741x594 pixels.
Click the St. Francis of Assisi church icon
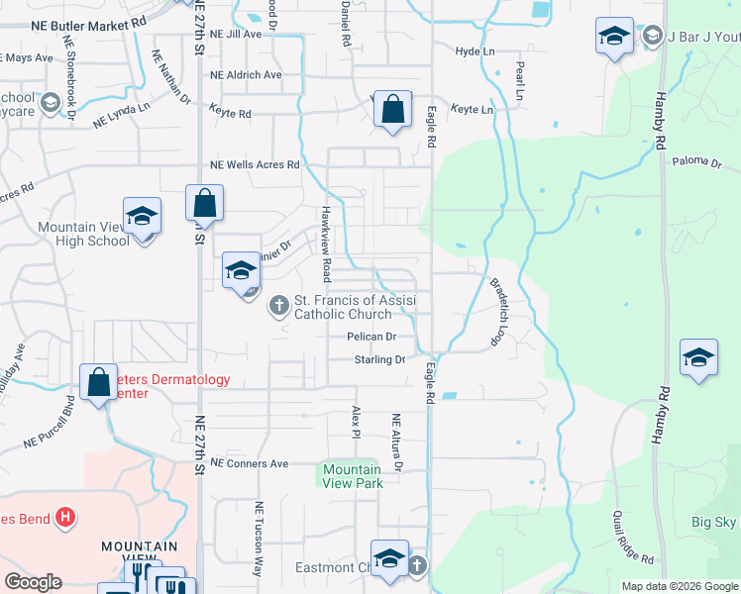click(x=278, y=305)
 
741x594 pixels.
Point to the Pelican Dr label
click(x=371, y=337)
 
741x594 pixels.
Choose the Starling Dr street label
click(x=379, y=360)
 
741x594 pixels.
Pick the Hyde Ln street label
click(x=475, y=51)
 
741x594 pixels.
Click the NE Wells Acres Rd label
click(x=254, y=165)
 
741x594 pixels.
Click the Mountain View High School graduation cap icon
click(x=142, y=216)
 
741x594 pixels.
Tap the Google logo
click(x=34, y=582)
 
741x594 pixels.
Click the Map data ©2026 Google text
click(x=679, y=586)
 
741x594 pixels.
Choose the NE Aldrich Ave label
click(x=246, y=75)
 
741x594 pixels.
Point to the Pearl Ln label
click(x=519, y=81)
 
